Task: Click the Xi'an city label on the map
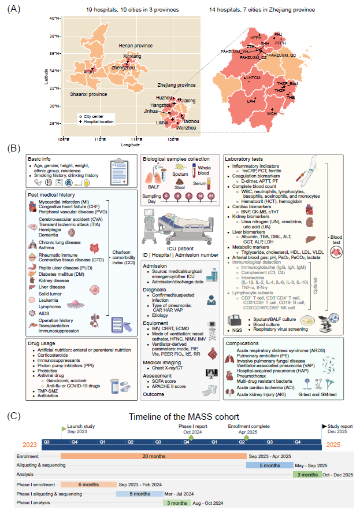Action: (88, 71)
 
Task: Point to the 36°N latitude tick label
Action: (55, 54)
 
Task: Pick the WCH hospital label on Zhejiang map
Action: (272, 113)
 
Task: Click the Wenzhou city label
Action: (192, 127)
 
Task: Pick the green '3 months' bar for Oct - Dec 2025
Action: (306, 475)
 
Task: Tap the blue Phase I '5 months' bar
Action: (139, 494)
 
